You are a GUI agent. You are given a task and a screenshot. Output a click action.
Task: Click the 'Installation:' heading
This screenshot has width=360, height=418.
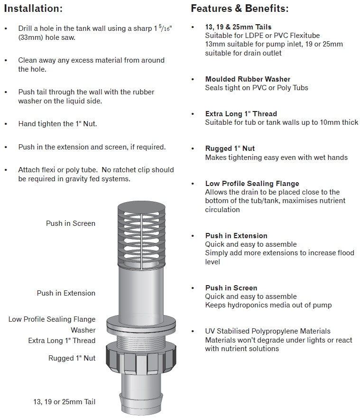pyautogui.click(x=33, y=9)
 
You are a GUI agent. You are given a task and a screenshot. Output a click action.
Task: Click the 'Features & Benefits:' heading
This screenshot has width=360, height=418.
pyautogui.click(x=240, y=9)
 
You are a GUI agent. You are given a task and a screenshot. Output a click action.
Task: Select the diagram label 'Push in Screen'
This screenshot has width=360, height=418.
pyautogui.click(x=71, y=223)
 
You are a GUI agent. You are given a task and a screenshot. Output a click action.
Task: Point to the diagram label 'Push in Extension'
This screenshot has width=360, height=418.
pyautogui.click(x=66, y=293)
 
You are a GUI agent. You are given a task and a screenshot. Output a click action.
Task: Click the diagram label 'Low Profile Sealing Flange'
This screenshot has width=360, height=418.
pyautogui.click(x=52, y=319)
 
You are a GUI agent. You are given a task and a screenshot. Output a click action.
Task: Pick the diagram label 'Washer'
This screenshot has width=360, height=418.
pyautogui.click(x=83, y=330)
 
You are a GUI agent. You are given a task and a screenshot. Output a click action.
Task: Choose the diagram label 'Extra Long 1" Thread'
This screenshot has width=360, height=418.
pyautogui.click(x=62, y=340)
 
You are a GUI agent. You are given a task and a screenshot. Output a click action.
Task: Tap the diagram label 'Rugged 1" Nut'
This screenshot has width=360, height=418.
pyautogui.click(x=72, y=358)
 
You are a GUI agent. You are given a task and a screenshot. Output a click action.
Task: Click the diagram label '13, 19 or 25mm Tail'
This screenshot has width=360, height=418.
pyautogui.click(x=64, y=402)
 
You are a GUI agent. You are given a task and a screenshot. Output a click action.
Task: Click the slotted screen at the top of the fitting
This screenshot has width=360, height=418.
pyautogui.click(x=141, y=234)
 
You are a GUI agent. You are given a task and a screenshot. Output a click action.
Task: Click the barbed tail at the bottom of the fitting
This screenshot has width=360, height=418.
pyautogui.click(x=141, y=395)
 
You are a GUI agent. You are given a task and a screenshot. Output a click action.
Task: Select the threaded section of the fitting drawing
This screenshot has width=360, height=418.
pyautogui.click(x=141, y=338)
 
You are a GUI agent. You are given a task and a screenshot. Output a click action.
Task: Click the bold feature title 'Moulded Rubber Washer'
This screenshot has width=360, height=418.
pyautogui.click(x=248, y=79)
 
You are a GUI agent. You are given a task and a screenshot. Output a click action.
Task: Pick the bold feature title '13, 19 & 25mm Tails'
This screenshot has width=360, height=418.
pyautogui.click(x=238, y=27)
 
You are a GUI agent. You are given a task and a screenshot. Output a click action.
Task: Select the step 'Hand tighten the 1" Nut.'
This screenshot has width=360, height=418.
pyautogui.click(x=57, y=124)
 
